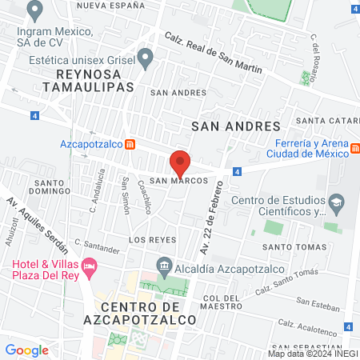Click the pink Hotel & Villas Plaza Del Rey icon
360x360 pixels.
90,265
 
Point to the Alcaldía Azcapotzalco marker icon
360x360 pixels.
164,264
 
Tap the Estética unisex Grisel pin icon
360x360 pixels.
145,57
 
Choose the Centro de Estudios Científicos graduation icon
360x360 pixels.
337,200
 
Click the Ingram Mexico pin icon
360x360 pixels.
34,10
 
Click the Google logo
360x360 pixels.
26,350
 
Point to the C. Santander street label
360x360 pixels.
96,246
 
